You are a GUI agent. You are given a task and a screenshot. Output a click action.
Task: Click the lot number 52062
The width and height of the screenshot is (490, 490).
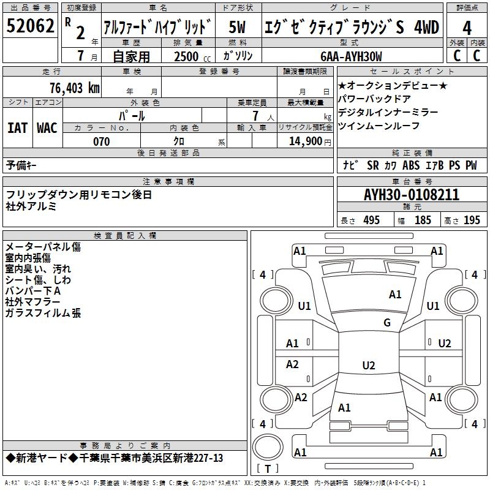tap(31, 26)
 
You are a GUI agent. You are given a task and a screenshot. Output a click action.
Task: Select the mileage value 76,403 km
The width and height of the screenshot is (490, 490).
tap(74, 88)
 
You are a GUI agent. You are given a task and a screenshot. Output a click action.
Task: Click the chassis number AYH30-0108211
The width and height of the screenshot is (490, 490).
tap(411, 195)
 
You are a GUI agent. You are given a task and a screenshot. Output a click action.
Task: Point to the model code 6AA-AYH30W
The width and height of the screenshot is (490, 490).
tap(351, 56)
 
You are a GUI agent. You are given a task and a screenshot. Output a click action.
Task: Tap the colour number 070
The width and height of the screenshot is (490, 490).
tap(101, 141)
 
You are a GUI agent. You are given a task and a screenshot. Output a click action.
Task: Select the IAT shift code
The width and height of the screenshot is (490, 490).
tap(18, 128)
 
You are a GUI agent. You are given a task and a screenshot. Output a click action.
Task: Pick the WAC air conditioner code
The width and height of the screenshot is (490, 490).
tap(47, 128)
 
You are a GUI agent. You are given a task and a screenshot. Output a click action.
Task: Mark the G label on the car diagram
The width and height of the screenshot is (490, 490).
tap(387, 323)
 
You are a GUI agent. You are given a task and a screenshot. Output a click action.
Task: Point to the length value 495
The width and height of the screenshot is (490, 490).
tap(371, 221)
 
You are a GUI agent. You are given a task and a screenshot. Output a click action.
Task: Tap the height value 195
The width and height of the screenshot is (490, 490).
tap(472, 221)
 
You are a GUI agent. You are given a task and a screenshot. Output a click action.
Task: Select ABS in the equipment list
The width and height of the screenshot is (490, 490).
tap(411, 165)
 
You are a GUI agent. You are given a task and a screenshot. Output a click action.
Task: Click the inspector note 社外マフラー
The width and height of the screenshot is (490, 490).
tap(33, 302)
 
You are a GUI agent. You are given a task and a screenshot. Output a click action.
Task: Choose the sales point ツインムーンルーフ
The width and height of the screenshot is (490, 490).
tap(379, 126)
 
